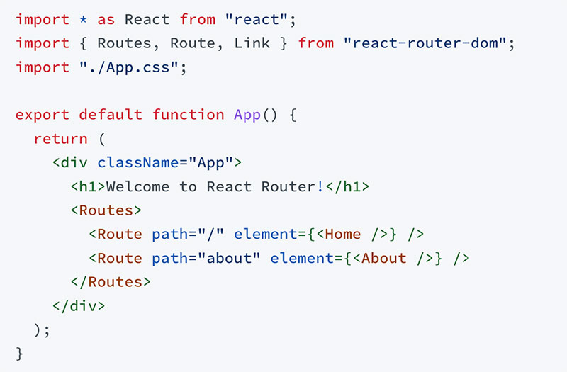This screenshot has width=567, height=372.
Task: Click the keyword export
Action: click(43, 115)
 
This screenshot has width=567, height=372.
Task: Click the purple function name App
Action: click(247, 115)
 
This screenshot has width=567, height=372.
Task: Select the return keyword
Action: click(61, 139)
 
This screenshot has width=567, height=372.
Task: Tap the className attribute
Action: click(138, 163)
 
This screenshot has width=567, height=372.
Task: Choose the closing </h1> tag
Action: click(347, 187)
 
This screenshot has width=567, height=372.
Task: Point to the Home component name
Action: click(342, 234)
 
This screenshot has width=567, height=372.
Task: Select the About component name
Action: click(384, 258)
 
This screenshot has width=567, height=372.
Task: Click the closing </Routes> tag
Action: click(111, 282)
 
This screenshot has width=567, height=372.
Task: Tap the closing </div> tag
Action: click(79, 306)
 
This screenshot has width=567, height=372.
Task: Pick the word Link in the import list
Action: click(252, 44)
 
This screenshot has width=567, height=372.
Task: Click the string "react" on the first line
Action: click(256, 21)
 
